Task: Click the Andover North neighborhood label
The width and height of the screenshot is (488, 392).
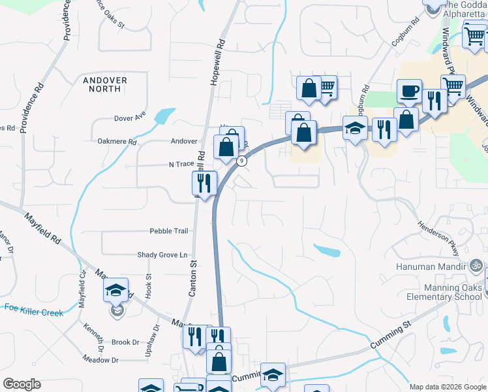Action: point(105,86)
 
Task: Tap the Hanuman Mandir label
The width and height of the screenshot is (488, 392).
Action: point(431,267)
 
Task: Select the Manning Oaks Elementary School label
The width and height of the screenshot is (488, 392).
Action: point(444,292)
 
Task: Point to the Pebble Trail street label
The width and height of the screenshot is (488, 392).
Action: point(169,231)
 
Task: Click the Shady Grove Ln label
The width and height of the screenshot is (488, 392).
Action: point(162,255)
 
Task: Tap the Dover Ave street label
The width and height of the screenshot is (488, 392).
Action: point(130,119)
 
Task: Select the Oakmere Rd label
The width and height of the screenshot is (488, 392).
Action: point(117,141)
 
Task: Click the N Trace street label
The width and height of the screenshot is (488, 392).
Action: point(182,165)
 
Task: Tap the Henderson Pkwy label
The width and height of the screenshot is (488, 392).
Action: point(443,236)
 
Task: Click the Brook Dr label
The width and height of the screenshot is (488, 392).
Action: point(125,342)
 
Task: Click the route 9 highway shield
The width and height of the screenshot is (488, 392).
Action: point(242,161)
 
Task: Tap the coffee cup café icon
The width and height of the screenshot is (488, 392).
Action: point(409,91)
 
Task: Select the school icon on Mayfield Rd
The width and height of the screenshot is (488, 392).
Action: point(115,291)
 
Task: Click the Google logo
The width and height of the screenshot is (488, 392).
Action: point(22,384)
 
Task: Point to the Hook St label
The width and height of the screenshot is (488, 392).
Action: point(149,286)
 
